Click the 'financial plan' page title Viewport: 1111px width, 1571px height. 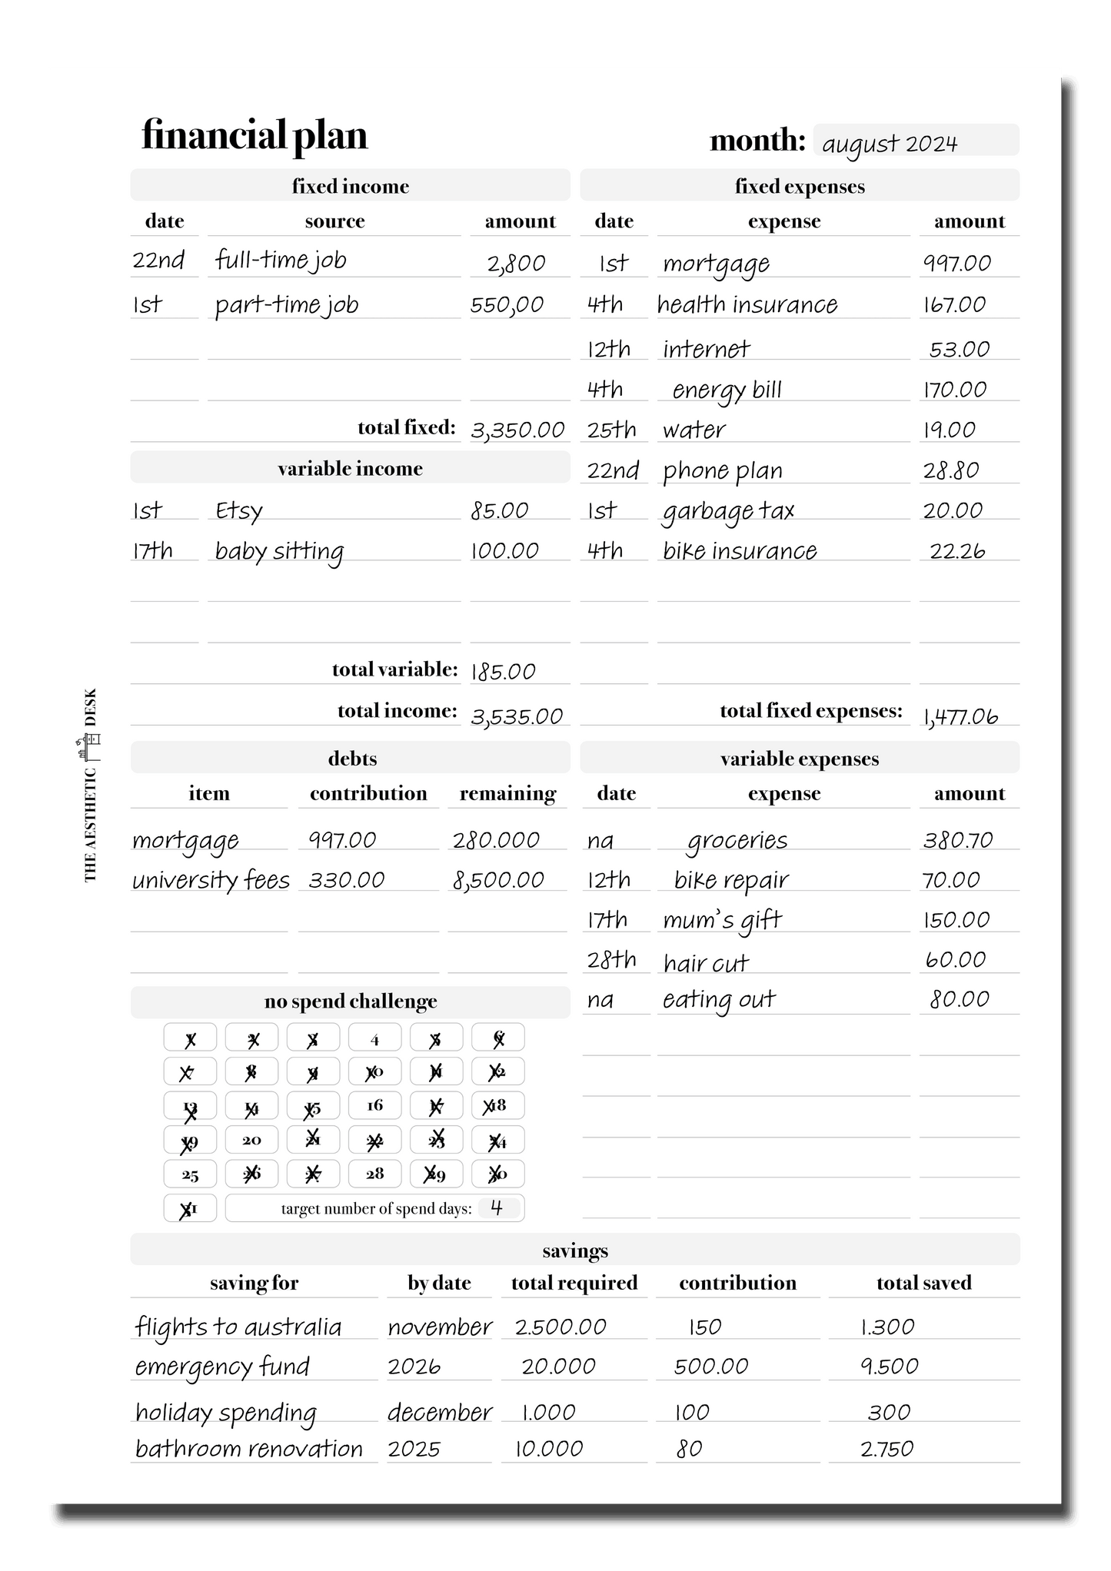pyautogui.click(x=254, y=135)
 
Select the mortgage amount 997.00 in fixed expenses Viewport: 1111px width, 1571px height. pyautogui.click(x=957, y=264)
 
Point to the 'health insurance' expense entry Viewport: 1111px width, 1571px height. pyautogui.click(x=747, y=305)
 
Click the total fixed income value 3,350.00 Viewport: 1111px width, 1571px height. pyautogui.click(x=517, y=430)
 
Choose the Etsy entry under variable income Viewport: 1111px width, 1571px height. pyautogui.click(x=239, y=511)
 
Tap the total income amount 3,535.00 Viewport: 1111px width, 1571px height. pyautogui.click(x=517, y=716)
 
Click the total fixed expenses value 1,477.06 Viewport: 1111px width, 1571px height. pyautogui.click(x=960, y=716)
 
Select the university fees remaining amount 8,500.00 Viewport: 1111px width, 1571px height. pyautogui.click(x=498, y=880)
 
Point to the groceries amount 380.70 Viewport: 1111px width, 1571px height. pyautogui.click(x=958, y=840)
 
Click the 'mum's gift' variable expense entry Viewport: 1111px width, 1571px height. pyautogui.click(x=722, y=920)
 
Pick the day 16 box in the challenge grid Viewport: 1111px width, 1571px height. pyautogui.click(x=374, y=1105)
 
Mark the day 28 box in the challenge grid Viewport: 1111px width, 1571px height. pyautogui.click(x=374, y=1174)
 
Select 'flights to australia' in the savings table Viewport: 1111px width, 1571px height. pyautogui.click(x=238, y=1327)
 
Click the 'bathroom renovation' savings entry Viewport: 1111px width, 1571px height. pyautogui.click(x=248, y=1450)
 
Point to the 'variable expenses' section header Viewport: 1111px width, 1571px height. pyautogui.click(x=800, y=759)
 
